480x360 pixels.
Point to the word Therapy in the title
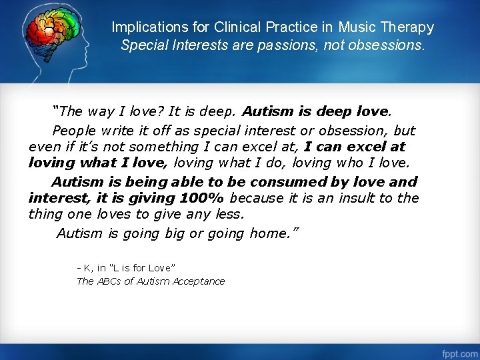pos(407,28)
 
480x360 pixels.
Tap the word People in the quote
pos(75,131)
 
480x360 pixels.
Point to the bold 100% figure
pos(202,198)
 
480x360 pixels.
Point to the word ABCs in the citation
pos(109,281)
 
